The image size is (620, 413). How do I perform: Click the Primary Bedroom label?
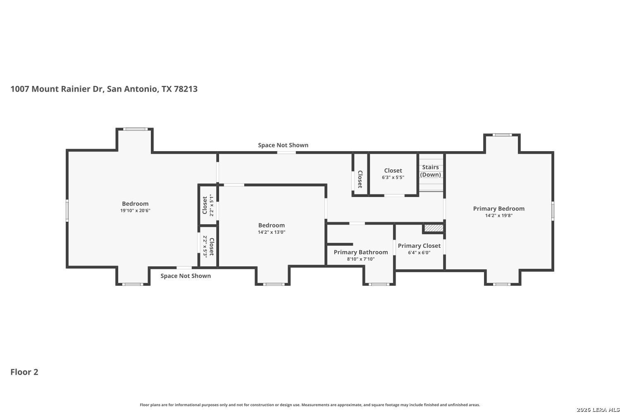click(498, 209)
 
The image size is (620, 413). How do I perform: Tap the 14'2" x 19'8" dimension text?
click(499, 216)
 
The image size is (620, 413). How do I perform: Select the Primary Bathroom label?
click(361, 252)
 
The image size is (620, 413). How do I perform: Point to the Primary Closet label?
click(419, 246)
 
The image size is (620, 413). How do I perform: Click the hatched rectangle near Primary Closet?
click(434, 228)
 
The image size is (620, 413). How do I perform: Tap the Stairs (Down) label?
click(430, 171)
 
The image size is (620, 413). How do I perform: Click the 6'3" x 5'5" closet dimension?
click(393, 177)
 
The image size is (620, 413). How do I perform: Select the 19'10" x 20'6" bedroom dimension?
click(135, 211)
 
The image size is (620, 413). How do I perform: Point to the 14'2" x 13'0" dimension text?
click(272, 232)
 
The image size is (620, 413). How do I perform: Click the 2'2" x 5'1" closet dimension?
click(212, 205)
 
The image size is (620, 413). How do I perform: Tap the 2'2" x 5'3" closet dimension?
click(205, 247)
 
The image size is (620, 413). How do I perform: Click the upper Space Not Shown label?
click(283, 145)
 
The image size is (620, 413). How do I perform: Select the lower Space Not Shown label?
click(186, 276)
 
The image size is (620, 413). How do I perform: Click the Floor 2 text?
click(24, 372)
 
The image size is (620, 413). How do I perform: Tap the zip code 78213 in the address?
click(186, 89)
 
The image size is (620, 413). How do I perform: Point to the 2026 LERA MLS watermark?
click(598, 410)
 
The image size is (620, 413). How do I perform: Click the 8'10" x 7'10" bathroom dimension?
click(361, 259)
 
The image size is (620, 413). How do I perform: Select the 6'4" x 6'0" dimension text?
click(419, 253)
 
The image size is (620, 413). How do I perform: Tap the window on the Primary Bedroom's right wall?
click(553, 211)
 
